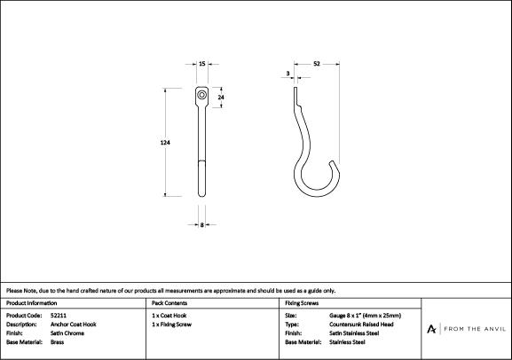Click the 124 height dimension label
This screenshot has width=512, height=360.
point(165,142)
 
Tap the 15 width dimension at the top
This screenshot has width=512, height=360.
point(202,64)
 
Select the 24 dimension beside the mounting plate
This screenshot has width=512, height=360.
point(221,98)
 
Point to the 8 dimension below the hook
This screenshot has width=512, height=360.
point(202,224)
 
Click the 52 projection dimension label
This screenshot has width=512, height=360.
point(317,64)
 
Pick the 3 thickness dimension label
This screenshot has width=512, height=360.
point(288,74)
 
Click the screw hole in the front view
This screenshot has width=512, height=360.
point(202,95)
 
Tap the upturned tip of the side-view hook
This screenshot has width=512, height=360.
point(333,162)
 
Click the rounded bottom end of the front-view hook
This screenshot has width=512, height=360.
point(202,194)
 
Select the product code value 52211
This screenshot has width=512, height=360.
point(59,316)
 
